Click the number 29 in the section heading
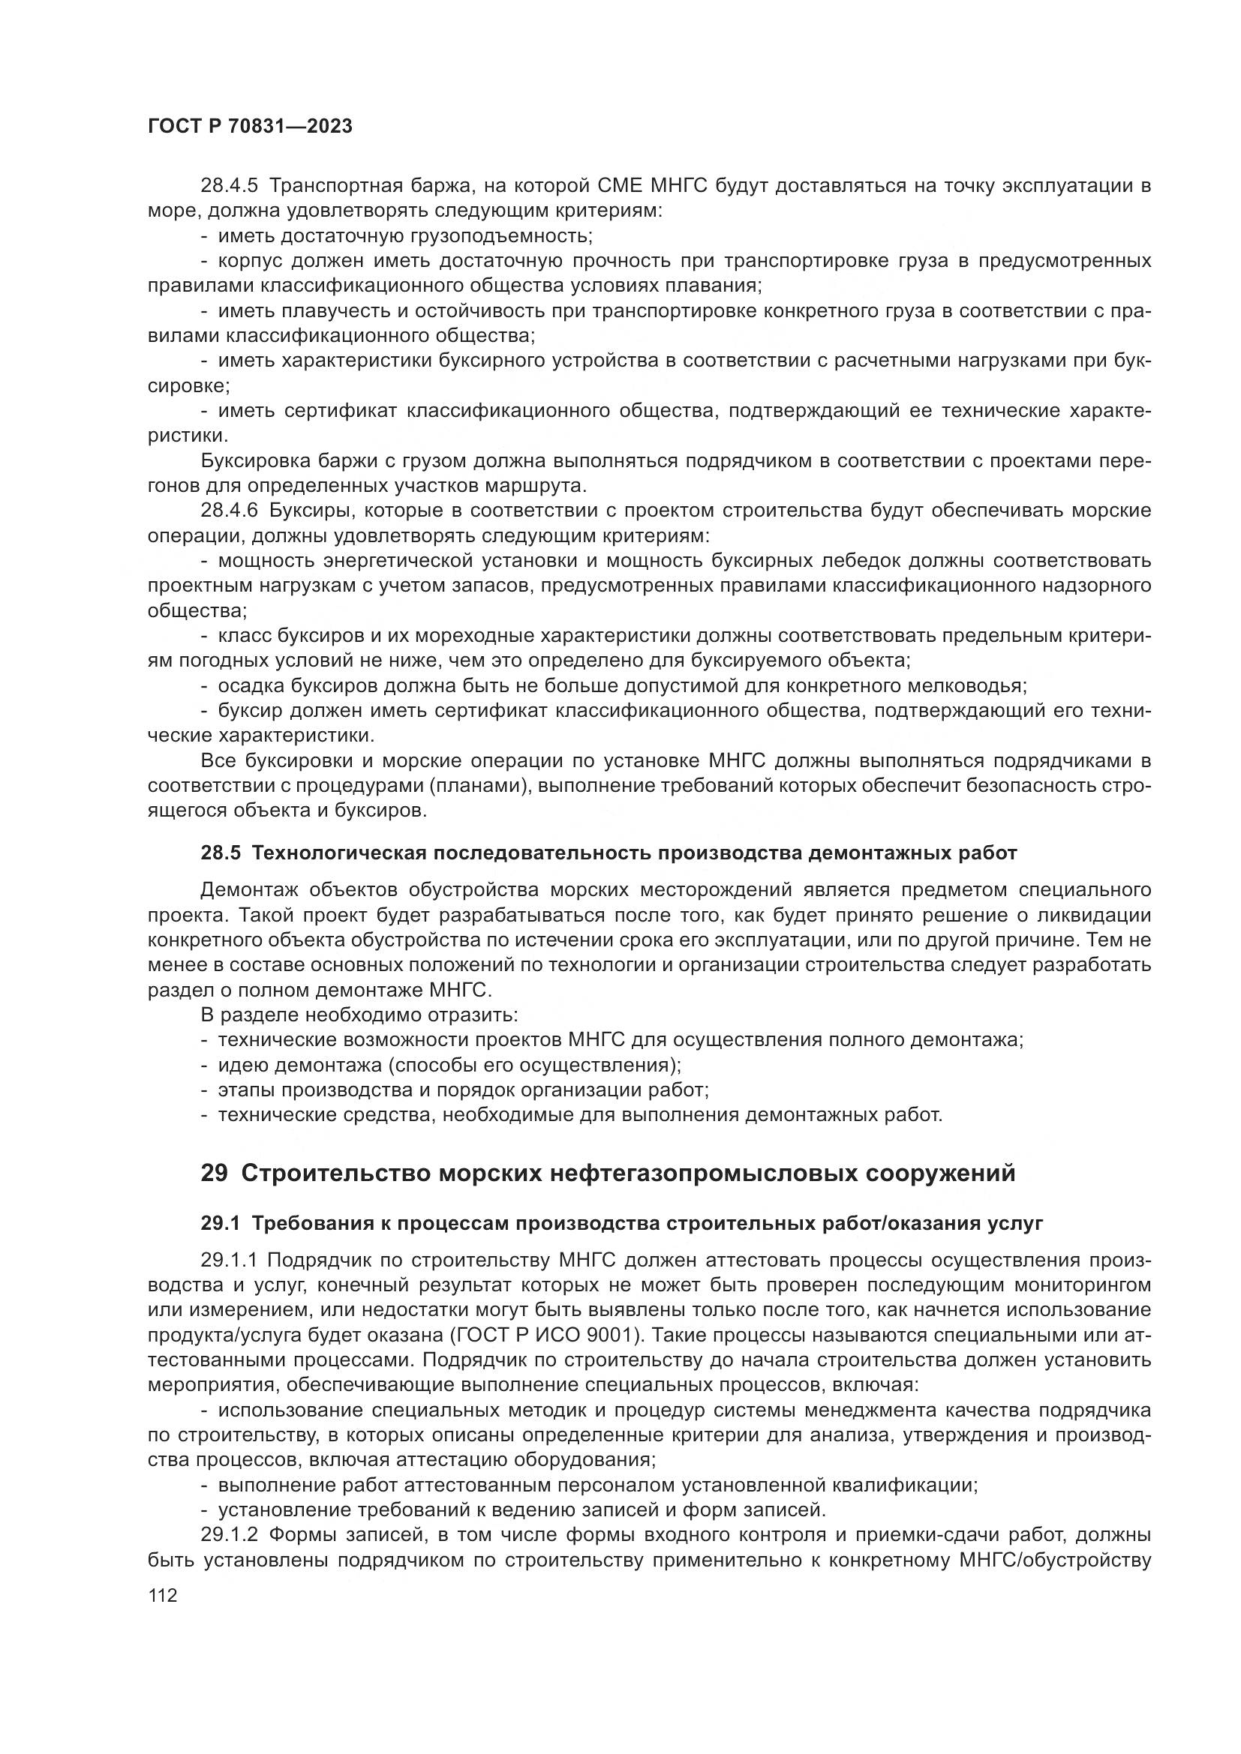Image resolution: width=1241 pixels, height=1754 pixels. pos(214,1173)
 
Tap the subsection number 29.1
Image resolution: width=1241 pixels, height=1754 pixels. pos(221,1224)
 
